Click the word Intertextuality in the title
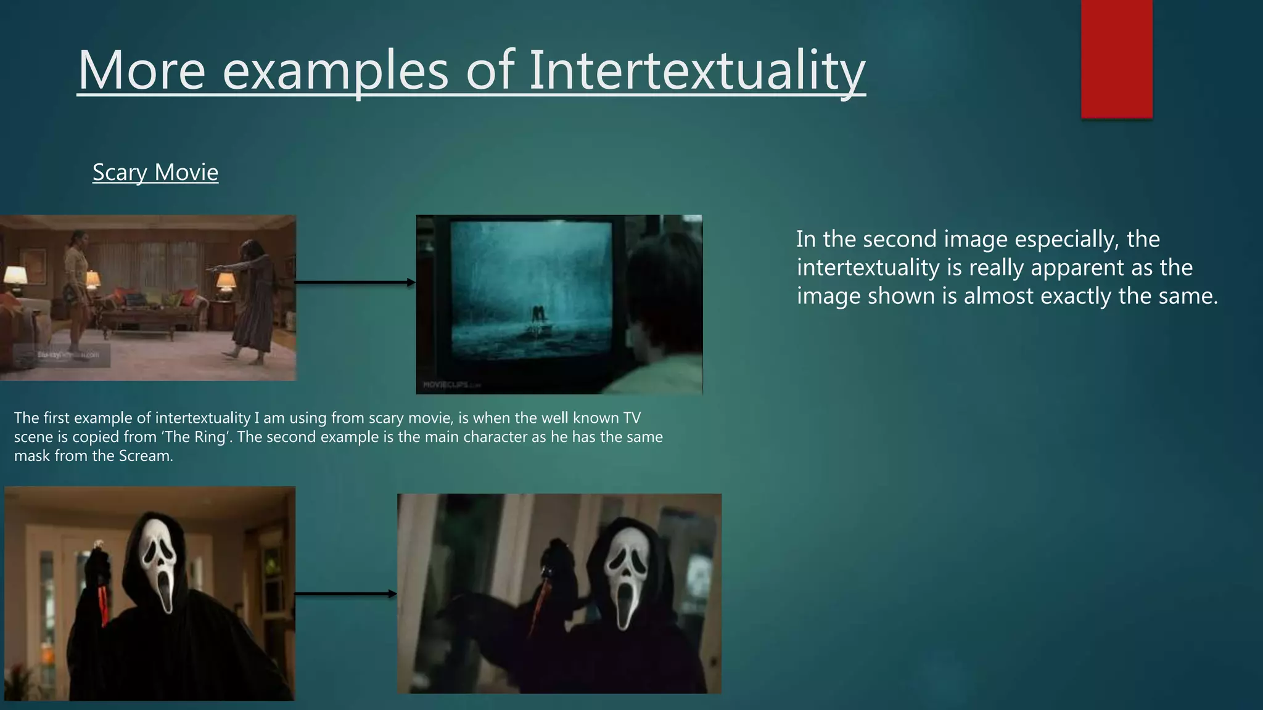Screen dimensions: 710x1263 point(697,71)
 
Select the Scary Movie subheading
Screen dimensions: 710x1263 point(155,172)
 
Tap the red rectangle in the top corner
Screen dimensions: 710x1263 point(1116,59)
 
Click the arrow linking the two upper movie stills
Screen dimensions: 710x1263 point(355,282)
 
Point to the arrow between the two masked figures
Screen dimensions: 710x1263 point(345,594)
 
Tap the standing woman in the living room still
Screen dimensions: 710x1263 point(77,290)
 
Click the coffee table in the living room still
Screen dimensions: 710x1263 point(139,324)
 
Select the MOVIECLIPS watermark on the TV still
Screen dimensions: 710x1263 point(450,385)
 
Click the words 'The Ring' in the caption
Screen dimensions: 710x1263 point(192,437)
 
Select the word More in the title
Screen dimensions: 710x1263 point(141,71)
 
